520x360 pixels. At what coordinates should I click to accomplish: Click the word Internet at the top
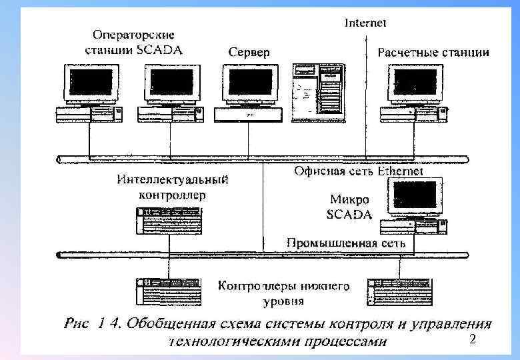click(x=365, y=23)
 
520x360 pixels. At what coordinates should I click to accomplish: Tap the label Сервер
click(x=249, y=52)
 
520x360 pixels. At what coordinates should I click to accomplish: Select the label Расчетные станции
click(x=433, y=52)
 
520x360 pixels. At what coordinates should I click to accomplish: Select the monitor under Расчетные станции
click(x=414, y=83)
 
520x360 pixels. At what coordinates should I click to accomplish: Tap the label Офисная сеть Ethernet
click(x=359, y=171)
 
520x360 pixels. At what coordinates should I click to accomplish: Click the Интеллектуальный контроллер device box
click(x=169, y=221)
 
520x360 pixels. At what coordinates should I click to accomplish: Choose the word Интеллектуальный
click(x=173, y=179)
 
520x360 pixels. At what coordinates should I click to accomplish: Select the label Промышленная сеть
click(x=346, y=243)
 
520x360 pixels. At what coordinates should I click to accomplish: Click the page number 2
click(x=472, y=341)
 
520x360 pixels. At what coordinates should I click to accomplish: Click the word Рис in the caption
click(x=77, y=325)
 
